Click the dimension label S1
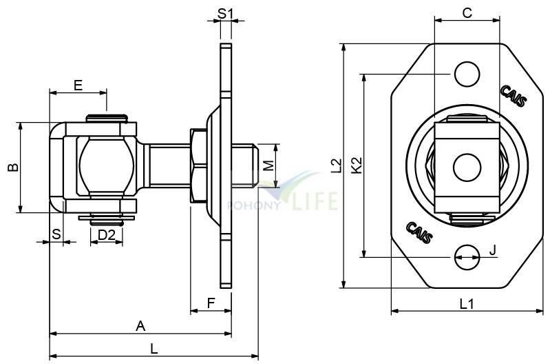(x=225, y=14)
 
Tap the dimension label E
(x=78, y=85)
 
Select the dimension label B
(x=13, y=168)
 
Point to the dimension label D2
(x=106, y=235)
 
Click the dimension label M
(x=268, y=165)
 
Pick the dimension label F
(x=211, y=303)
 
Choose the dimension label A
(x=140, y=326)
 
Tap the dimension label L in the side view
(x=154, y=349)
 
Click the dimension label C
(x=467, y=13)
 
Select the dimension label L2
(x=336, y=165)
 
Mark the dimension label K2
(x=357, y=165)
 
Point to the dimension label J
(x=493, y=250)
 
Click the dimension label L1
(x=467, y=304)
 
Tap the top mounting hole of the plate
(x=467, y=74)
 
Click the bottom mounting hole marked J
(x=467, y=257)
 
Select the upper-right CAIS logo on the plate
(x=513, y=96)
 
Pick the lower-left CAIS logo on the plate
(x=419, y=232)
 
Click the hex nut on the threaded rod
(x=198, y=165)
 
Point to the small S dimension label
(x=56, y=234)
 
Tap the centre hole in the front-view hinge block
(x=467, y=168)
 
